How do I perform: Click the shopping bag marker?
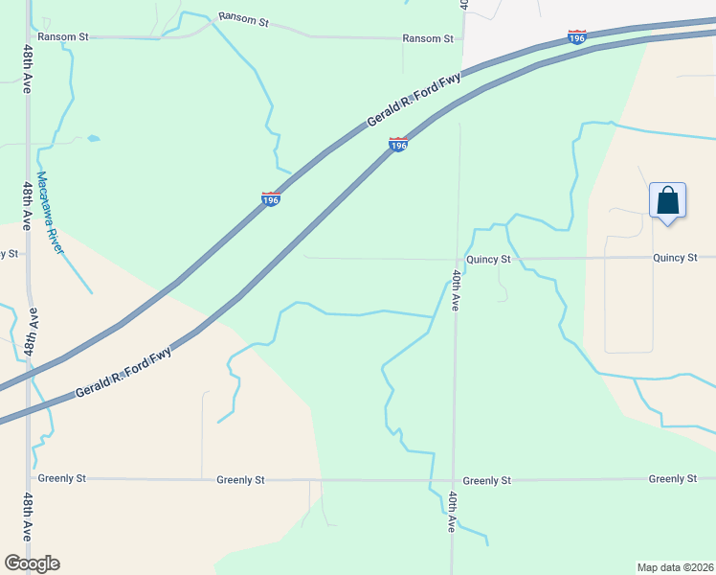tap(667, 201)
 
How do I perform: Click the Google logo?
tap(32, 563)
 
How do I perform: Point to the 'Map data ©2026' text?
tap(676, 567)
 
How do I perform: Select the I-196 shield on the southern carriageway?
tap(398, 145)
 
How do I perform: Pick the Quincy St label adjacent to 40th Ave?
tap(489, 259)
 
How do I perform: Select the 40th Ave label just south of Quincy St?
tap(457, 288)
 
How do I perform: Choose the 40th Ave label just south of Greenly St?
tap(451, 512)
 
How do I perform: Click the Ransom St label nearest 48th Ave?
tap(62, 36)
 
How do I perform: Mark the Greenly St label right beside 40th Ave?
tap(486, 480)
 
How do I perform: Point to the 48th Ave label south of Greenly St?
tap(28, 517)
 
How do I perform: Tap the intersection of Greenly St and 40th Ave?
tap(453, 480)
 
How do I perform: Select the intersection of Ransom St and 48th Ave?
tap(28, 36)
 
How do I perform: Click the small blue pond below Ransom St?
tap(93, 138)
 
